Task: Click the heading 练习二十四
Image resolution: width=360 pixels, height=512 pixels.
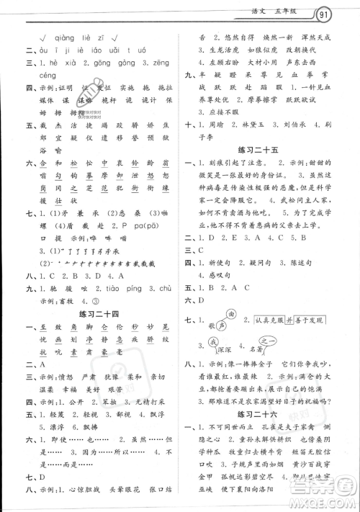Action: click(x=96, y=314)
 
